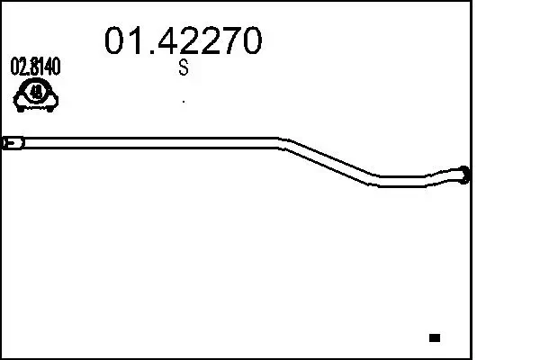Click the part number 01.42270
184,40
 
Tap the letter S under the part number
184,68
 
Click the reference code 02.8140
36,67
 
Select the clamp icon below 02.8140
36,93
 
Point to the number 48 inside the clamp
36,91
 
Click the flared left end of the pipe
13,142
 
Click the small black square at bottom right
435,337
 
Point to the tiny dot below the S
184,101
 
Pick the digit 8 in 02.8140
31,67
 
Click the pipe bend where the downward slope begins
281,142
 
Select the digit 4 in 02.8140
49,67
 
